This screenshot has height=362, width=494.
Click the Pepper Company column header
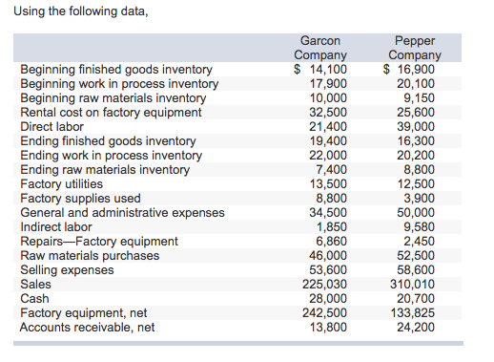(x=414, y=48)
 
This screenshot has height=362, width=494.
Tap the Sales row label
(x=37, y=285)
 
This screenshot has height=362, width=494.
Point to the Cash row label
(x=35, y=299)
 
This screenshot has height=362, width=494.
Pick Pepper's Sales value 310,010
(x=414, y=285)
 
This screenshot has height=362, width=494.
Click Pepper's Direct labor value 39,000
(x=419, y=127)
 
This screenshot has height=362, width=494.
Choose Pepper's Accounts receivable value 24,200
(x=419, y=328)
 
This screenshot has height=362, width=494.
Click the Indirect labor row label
(x=56, y=227)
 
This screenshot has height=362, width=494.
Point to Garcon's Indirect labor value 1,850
(x=331, y=227)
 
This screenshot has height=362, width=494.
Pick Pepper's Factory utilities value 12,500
(x=419, y=184)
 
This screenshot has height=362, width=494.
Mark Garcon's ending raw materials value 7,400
(x=331, y=170)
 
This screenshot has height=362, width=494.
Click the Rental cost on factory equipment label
(x=111, y=113)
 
